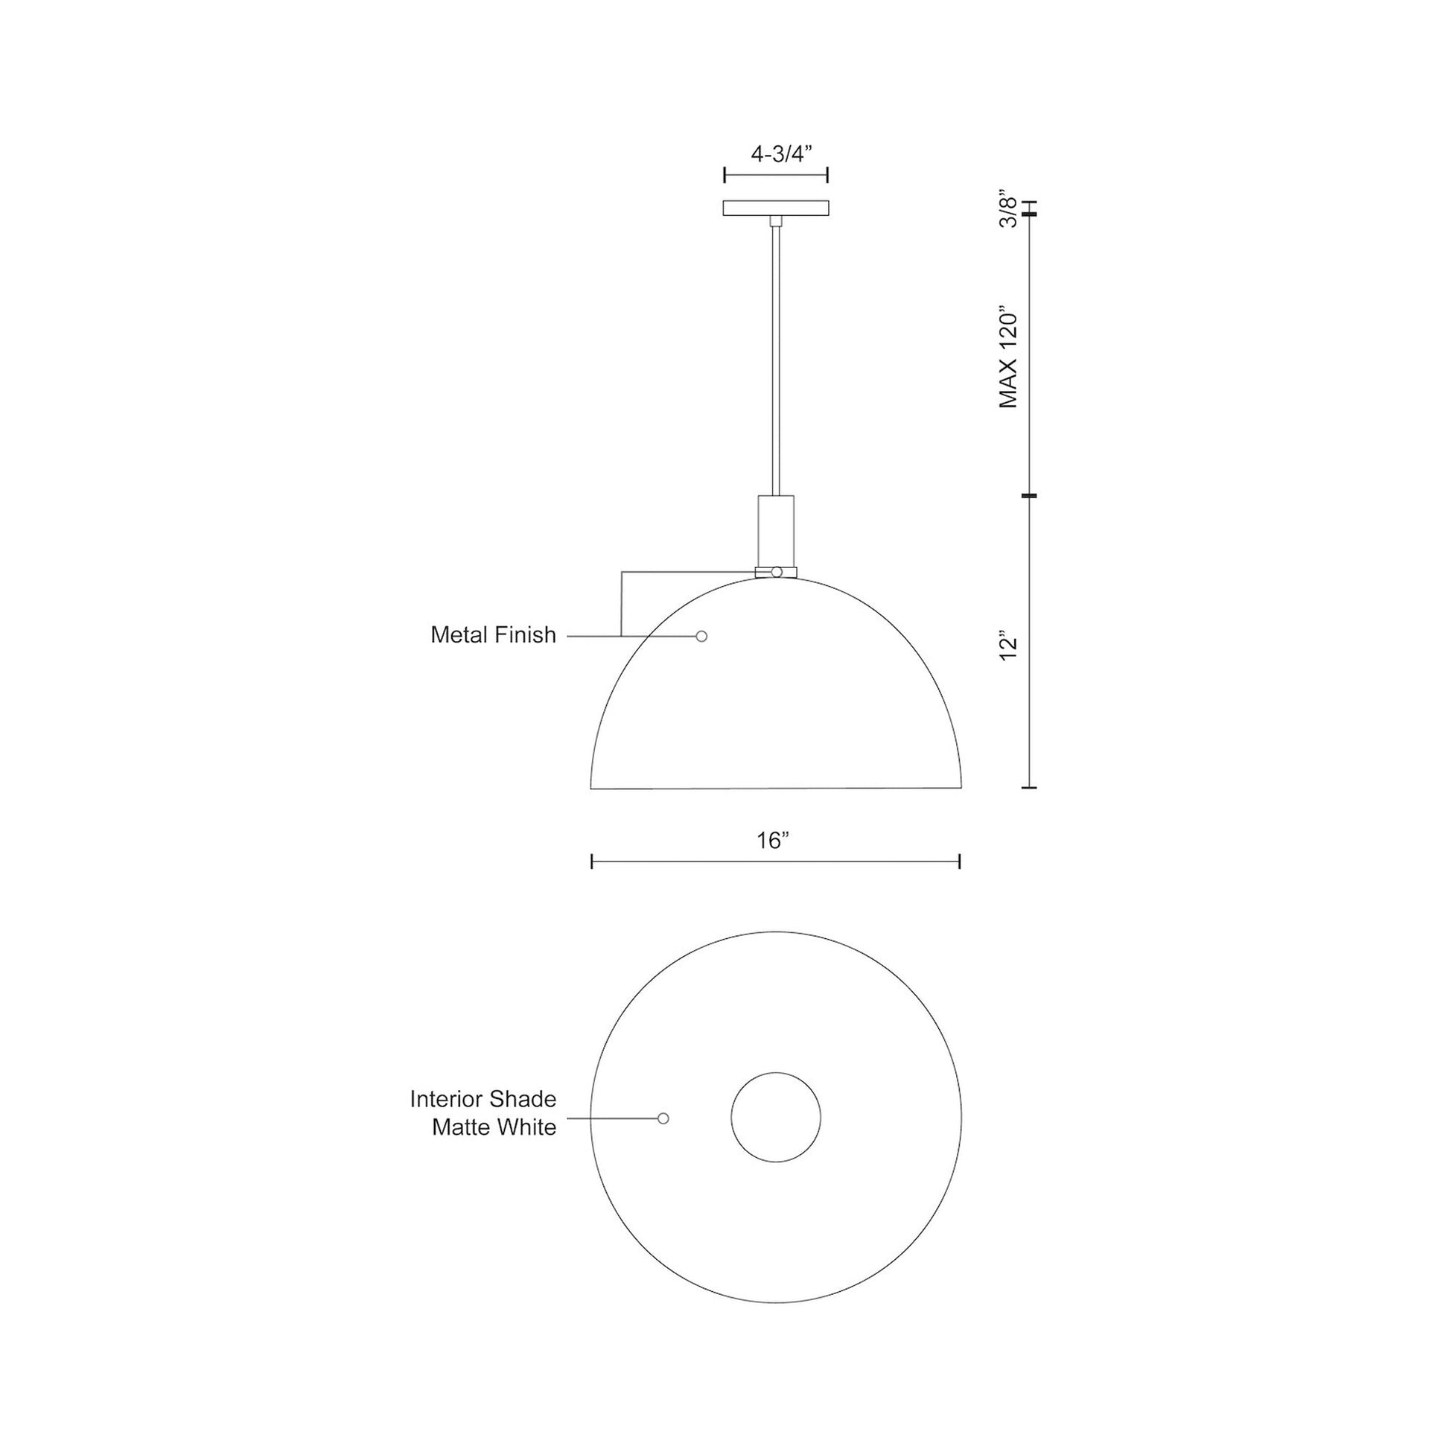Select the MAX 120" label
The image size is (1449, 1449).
pos(1009,355)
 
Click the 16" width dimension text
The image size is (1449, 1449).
pos(774,841)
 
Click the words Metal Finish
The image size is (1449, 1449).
pos(493,635)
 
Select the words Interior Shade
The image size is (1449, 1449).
pos(483,1100)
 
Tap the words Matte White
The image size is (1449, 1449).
pos(494,1127)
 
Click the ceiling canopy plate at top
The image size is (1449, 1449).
pos(775,208)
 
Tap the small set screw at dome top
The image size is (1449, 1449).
pos(776,573)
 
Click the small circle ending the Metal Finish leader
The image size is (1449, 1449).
pos(701,636)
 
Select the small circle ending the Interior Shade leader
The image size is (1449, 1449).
pos(663,1118)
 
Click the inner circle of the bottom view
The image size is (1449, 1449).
pos(775,1118)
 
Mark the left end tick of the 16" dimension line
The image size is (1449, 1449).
pos(592,862)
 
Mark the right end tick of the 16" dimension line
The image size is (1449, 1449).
pos(960,862)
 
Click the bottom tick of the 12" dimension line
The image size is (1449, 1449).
pos(1029,788)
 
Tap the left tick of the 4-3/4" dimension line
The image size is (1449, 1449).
pos(724,176)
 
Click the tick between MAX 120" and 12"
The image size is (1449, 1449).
pos(1029,496)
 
